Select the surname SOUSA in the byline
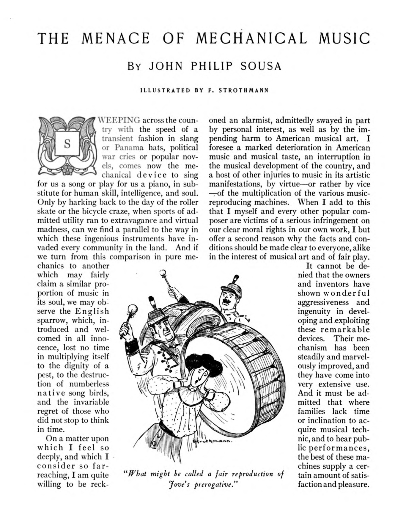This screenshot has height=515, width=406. (261, 66)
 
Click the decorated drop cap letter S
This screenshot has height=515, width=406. (67, 144)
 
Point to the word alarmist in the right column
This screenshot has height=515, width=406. (256, 120)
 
